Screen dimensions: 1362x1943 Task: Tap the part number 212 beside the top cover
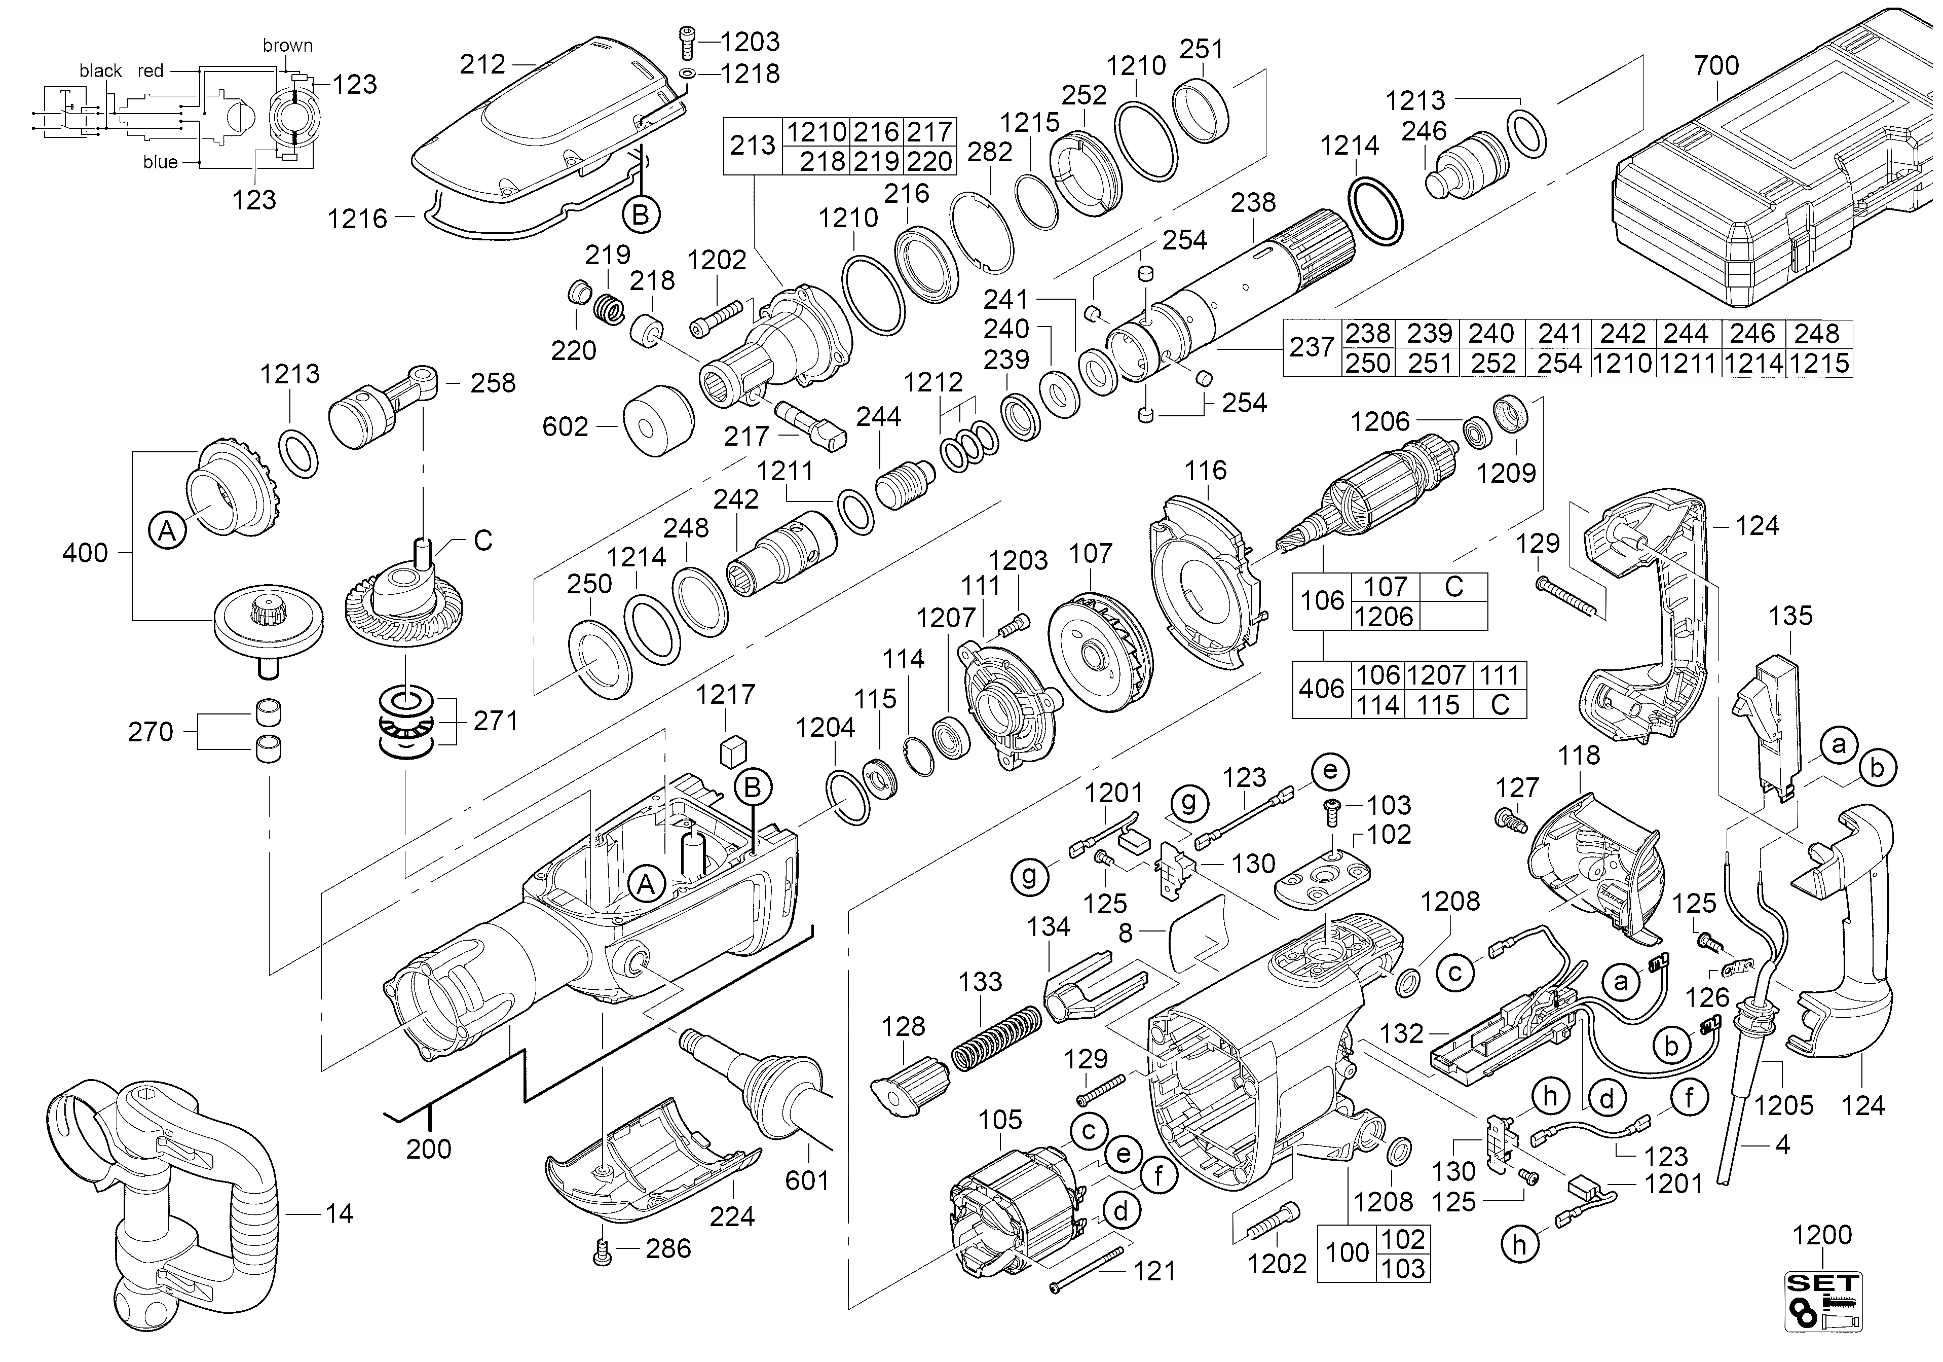(482, 64)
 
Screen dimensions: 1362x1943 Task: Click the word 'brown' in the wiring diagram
(288, 46)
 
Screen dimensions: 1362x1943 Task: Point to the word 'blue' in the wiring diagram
(160, 162)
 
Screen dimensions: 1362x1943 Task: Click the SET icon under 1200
(1823, 1299)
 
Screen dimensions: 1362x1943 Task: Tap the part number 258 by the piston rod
(493, 383)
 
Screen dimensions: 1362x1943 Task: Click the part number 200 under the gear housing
(429, 1149)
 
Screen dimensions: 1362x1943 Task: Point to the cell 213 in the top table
(753, 146)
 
